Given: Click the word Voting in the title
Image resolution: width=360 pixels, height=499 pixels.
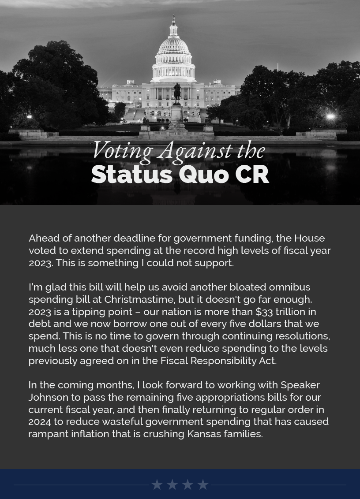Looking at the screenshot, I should coord(122,150).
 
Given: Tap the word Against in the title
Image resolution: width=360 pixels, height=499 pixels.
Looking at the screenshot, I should coord(195,150).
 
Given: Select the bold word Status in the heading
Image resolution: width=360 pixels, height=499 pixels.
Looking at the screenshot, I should coord(131,174).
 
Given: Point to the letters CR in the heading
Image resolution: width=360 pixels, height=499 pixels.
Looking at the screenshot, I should coord(252,174).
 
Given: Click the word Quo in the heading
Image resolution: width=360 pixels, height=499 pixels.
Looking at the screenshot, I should coord(203,174).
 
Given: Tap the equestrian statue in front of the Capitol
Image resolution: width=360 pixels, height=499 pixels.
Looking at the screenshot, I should coord(177,93).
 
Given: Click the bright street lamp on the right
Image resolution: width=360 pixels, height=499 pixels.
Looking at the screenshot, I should coord(330,117).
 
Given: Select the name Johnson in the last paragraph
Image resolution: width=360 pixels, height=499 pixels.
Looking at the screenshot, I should coord(48,397).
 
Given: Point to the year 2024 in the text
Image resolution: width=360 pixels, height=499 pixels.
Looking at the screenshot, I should coord(40,421).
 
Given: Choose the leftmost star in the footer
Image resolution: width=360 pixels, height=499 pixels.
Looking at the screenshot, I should coord(157,485).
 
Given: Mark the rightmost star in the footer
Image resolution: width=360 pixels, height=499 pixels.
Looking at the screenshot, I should coord(202,485).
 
